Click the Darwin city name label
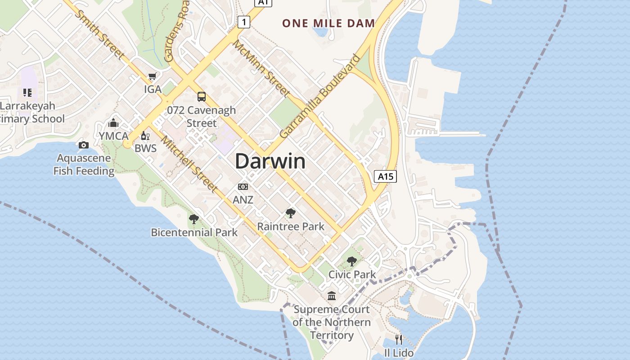270,161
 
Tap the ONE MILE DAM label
328,23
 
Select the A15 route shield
385,176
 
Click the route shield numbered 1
244,22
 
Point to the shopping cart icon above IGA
153,76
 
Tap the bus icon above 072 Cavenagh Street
202,96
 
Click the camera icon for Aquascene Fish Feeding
84,145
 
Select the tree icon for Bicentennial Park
194,219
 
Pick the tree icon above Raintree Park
291,213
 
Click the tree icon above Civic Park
351,261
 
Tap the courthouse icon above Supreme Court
332,296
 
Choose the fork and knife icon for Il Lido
399,339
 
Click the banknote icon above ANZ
243,186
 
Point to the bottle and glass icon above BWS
145,135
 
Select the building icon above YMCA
113,123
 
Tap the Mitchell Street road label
189,164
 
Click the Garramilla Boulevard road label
320,97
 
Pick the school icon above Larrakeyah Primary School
27,93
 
